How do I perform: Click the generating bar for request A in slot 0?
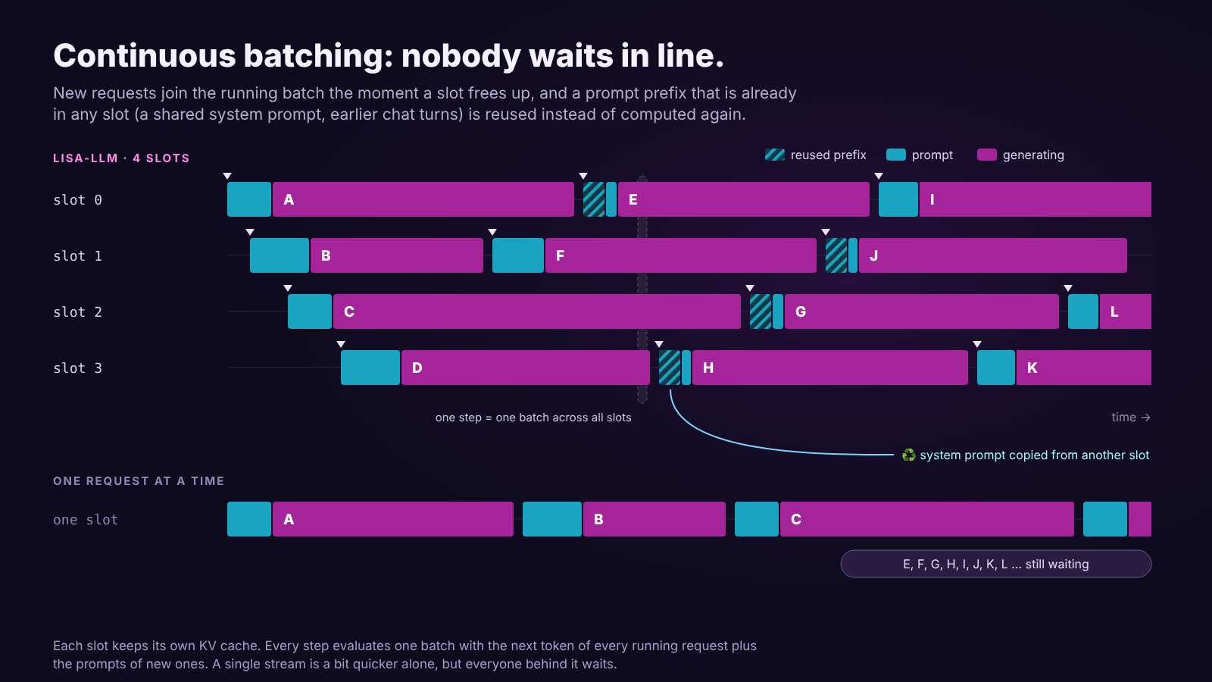coord(423,199)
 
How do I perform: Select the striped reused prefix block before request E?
coord(594,199)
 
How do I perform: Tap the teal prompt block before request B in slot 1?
coord(280,255)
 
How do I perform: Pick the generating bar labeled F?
coord(681,255)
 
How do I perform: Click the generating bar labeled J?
coord(993,255)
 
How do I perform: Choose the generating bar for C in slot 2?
coord(537,311)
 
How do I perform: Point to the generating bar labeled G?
coord(921,311)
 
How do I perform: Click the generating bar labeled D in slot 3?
coord(526,368)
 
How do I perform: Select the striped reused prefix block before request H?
coord(670,368)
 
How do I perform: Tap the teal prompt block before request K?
coord(996,368)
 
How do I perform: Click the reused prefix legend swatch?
coord(775,155)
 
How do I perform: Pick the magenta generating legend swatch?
coord(987,155)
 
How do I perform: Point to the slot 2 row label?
coord(77,311)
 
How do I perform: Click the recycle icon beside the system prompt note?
coord(908,455)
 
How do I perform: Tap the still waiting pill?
coord(995,564)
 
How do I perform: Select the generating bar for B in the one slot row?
coord(654,519)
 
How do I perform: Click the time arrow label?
coord(1131,418)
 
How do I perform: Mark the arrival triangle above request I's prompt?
coord(879,176)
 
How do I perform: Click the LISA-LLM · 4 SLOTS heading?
coord(121,158)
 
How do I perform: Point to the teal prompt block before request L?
coord(1083,311)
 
